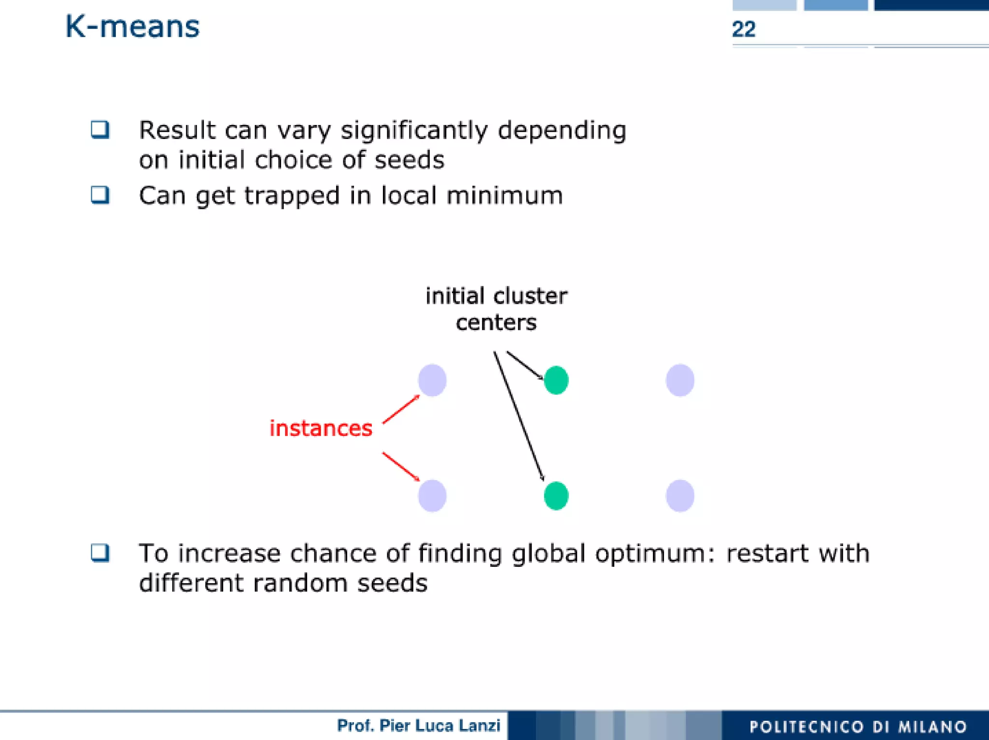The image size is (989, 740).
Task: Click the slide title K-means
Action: tap(132, 27)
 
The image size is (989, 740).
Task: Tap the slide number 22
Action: tap(743, 29)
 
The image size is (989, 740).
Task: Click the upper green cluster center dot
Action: tap(556, 380)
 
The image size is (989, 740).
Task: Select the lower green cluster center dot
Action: tap(556, 495)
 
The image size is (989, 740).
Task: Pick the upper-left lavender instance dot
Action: tap(432, 380)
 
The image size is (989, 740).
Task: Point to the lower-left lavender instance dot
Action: tap(432, 495)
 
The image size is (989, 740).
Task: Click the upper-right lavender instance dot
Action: tap(680, 380)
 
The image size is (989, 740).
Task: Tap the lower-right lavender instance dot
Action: tap(680, 495)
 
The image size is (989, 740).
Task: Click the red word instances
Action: tap(321, 428)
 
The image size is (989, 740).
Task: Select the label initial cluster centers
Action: tap(496, 309)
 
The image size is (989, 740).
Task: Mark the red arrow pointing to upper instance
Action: tap(401, 409)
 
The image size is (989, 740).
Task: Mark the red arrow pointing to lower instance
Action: tap(401, 466)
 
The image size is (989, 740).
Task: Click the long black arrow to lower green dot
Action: tap(519, 416)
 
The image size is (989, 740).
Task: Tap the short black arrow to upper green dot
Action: tap(525, 365)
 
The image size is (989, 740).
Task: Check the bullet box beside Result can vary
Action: tap(100, 130)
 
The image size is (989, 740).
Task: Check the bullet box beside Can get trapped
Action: tap(100, 195)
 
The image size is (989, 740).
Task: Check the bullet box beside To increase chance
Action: tap(100, 553)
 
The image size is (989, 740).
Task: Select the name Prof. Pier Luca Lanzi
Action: tap(418, 726)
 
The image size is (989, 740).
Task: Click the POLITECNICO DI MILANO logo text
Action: tap(858, 726)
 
